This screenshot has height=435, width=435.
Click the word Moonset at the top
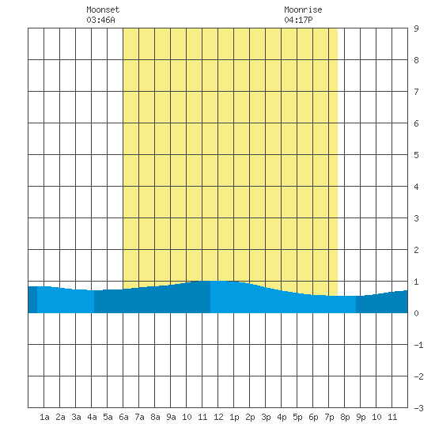coord(103,9)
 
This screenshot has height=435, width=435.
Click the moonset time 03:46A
coord(100,20)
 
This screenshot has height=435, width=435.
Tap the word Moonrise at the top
coord(303,9)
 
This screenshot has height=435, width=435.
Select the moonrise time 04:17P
coord(298,20)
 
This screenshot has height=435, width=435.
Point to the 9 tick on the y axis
coord(416,28)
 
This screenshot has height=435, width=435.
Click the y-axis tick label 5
coord(416,155)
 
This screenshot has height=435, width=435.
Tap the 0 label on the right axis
coord(416,313)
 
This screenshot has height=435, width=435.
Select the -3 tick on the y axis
coord(418,408)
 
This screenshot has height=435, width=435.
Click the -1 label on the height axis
coord(418,345)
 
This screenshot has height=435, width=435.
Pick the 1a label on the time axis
coord(44,417)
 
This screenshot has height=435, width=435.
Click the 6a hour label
coord(123,417)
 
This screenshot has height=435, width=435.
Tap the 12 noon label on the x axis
coord(218,417)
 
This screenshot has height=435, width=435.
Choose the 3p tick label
coord(266,417)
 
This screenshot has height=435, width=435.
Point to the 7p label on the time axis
coord(329,417)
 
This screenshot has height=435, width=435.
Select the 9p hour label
coord(361,417)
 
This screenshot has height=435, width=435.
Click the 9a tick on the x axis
coord(171,417)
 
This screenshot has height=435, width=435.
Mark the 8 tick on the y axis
coord(416,60)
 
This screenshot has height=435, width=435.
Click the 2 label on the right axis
coord(416,250)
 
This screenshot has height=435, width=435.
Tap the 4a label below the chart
coord(92,417)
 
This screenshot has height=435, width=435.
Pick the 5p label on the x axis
coord(297,417)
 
